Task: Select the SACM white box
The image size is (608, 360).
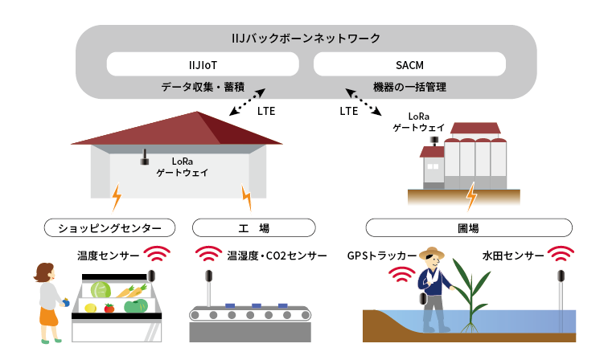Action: pyautogui.click(x=409, y=63)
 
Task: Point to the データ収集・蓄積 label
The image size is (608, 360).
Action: pyautogui.click(x=203, y=86)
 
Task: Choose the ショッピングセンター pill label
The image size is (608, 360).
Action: pyautogui.click(x=110, y=227)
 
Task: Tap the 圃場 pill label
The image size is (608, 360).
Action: pyautogui.click(x=468, y=227)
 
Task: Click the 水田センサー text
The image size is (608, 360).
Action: pyautogui.click(x=511, y=256)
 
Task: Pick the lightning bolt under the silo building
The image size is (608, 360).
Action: pyautogui.click(x=471, y=195)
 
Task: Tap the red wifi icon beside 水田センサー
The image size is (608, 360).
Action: pyautogui.click(x=561, y=256)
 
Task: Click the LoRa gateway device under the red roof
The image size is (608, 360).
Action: pyautogui.click(x=146, y=157)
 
